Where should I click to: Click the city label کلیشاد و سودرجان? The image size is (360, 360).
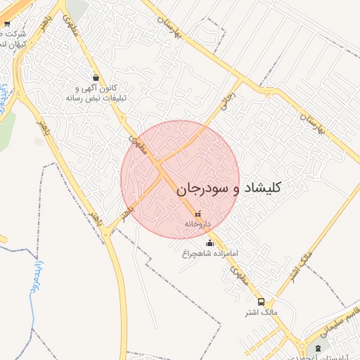pos(229,188)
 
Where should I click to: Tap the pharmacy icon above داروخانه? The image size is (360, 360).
pos(198,214)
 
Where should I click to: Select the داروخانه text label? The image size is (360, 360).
pos(198,224)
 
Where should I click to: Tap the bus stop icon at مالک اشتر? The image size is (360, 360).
pos(262,301)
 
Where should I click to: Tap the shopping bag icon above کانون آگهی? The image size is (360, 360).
pos(96,77)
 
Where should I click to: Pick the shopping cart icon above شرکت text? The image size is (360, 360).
pos(7,24)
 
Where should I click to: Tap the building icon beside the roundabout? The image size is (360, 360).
pos(317,349)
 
